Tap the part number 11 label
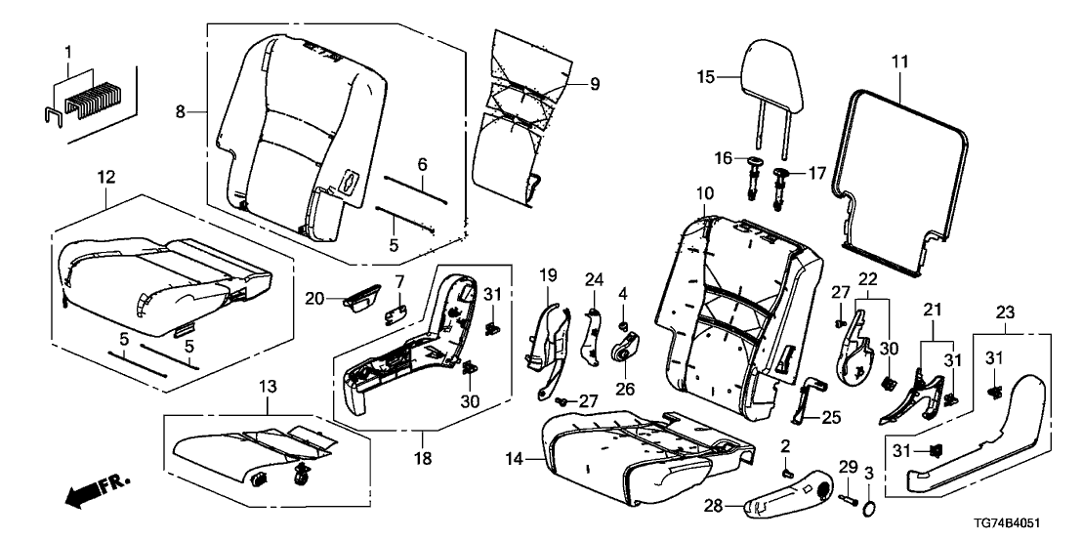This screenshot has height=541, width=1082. click(x=899, y=62)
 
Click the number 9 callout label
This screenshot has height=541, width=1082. click(x=595, y=84)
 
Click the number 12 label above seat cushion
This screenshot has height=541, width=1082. click(x=105, y=177)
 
